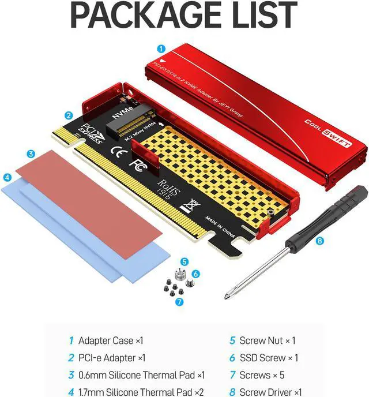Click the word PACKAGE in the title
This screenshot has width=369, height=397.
click(x=138, y=17)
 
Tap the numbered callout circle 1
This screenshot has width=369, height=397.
click(x=161, y=50)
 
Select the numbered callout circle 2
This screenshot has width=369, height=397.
click(x=69, y=115)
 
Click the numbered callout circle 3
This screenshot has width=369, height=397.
click(x=31, y=154)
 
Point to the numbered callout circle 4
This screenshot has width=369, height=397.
click(x=7, y=178)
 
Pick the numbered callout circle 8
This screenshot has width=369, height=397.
click(x=320, y=242)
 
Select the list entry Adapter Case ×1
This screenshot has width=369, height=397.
click(x=106, y=340)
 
